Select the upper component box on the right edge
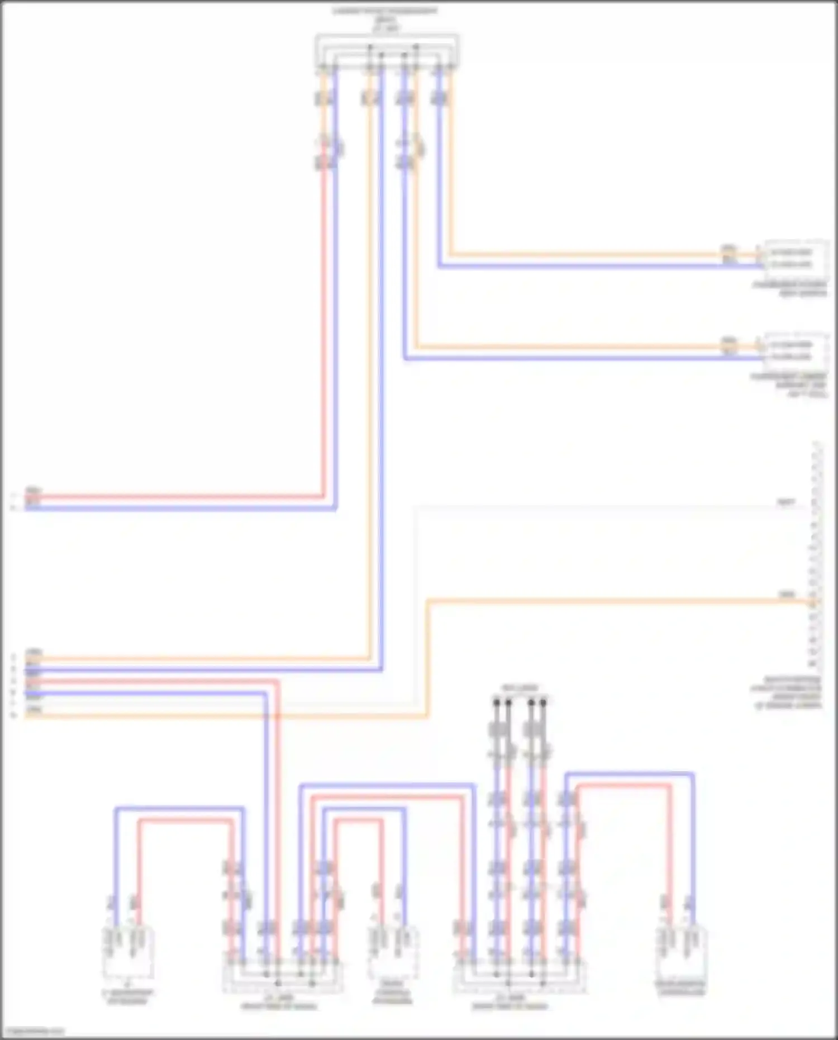pos(796,258)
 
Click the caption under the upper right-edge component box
pos(789,289)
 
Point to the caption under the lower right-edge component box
pos(788,386)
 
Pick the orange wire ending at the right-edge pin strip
pos(615,601)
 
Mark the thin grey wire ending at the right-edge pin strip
pos(615,507)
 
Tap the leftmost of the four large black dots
pos(496,701)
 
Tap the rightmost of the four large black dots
pos(543,701)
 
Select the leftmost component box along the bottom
pos(128,953)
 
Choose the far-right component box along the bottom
pos(682,953)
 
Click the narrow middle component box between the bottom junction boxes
pos(393,953)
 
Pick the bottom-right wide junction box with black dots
pos(519,976)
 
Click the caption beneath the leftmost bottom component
pos(128,996)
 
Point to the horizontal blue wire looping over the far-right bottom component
pos(628,775)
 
